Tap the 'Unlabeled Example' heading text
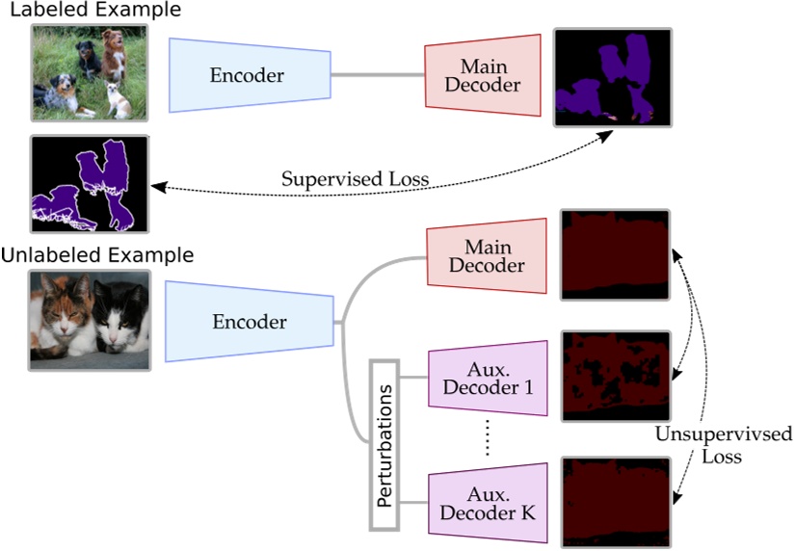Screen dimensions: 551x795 [97, 255]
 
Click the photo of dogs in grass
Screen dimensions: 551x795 [89, 73]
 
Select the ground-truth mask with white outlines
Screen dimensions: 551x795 [89, 184]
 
